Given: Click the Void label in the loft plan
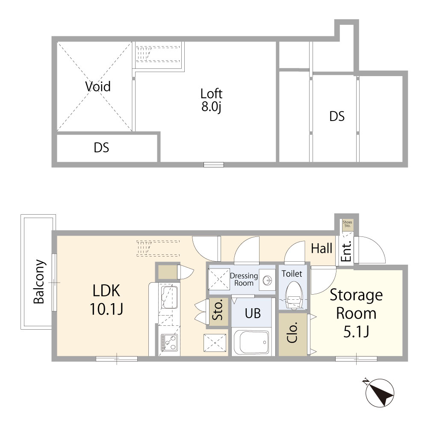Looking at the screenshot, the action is point(97,87).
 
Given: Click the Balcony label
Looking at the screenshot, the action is point(39,282).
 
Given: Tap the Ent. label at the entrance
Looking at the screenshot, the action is point(347,252).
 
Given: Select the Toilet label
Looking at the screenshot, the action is point(292,273).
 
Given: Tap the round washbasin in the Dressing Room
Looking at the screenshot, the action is point(267,280).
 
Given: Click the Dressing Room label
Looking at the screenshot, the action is point(244,279).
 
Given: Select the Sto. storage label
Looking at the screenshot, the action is point(217,311).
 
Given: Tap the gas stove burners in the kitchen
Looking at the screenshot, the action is point(168,342).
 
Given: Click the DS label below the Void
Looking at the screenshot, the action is point(101,148).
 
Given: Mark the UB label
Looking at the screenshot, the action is point(252,313).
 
